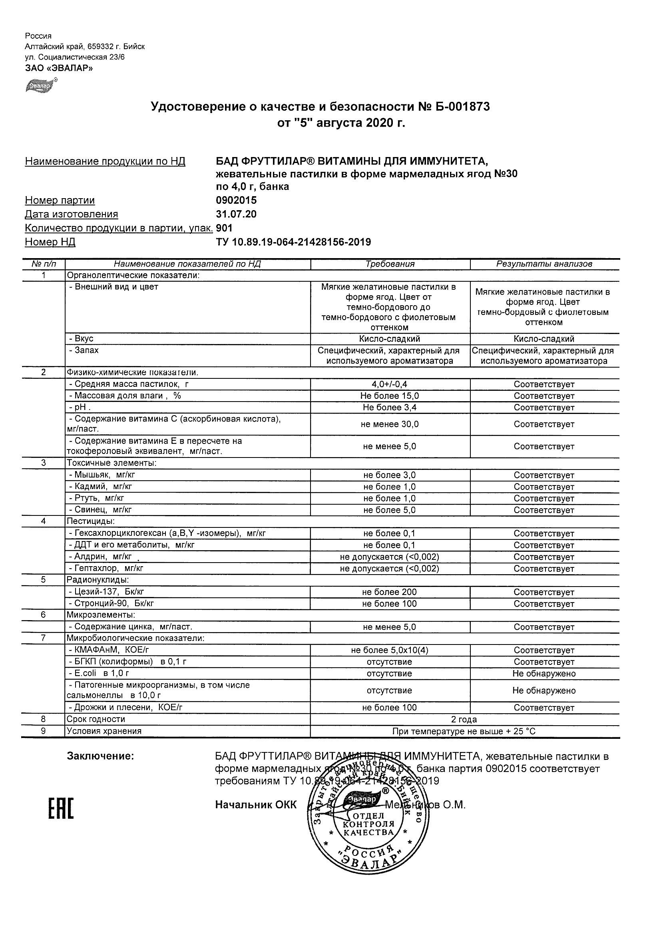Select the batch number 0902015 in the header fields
pyautogui.click(x=236, y=200)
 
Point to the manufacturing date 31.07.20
pyautogui.click(x=236, y=214)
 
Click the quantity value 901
pyautogui.click(x=224, y=228)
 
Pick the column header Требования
pyautogui.click(x=390, y=264)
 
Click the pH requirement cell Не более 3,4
pyautogui.click(x=390, y=407)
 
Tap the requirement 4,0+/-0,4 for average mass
pyautogui.click(x=390, y=384)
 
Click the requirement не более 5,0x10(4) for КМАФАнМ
pyautogui.click(x=390, y=651)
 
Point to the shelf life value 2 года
pyautogui.click(x=464, y=719)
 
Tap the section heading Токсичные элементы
pyautogui.click(x=112, y=463)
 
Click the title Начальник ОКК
pyautogui.click(x=256, y=805)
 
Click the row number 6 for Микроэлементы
pyautogui.click(x=44, y=615)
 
